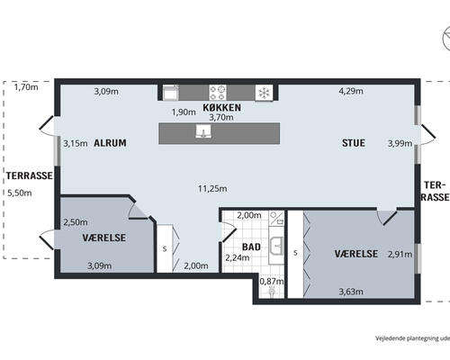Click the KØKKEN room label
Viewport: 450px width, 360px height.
tap(221, 107)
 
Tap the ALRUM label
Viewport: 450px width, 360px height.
tap(110, 143)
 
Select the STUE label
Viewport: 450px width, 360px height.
tap(354, 143)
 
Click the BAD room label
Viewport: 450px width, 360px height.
tap(251, 247)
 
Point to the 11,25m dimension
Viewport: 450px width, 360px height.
tap(212, 189)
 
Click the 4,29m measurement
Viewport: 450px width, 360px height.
tap(351, 91)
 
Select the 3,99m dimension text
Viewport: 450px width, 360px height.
tap(400, 144)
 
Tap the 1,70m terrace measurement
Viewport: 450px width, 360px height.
tap(26, 87)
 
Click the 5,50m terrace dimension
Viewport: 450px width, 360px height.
tap(20, 193)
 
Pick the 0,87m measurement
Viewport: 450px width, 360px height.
tap(272, 282)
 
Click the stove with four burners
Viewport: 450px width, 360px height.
tap(218, 93)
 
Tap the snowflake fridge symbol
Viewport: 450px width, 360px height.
tap(264, 93)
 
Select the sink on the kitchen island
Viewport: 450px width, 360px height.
tap(203, 131)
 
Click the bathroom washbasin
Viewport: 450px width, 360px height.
tap(276, 246)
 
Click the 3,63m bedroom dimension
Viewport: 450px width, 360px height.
tap(351, 292)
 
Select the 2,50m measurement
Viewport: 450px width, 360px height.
tap(76, 222)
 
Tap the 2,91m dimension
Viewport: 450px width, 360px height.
tap(400, 255)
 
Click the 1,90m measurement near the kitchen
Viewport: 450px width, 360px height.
tap(184, 112)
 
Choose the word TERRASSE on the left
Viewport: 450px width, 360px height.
tap(30, 175)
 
